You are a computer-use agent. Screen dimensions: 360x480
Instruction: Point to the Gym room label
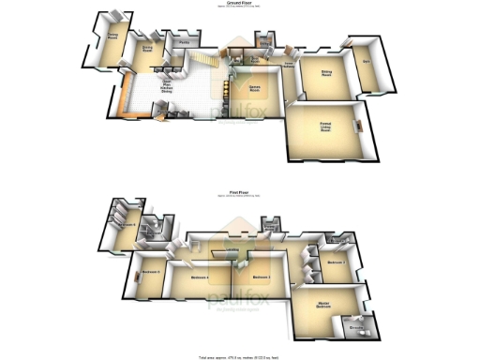point(367,62)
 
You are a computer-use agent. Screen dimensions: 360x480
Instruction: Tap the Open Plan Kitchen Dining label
point(165,84)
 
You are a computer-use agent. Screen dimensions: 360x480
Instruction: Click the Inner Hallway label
point(290,65)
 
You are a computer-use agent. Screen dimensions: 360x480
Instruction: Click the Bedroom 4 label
point(199,277)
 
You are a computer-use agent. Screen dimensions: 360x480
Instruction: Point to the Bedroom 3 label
point(262,277)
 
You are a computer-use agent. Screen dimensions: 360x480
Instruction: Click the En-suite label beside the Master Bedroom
point(357,327)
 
